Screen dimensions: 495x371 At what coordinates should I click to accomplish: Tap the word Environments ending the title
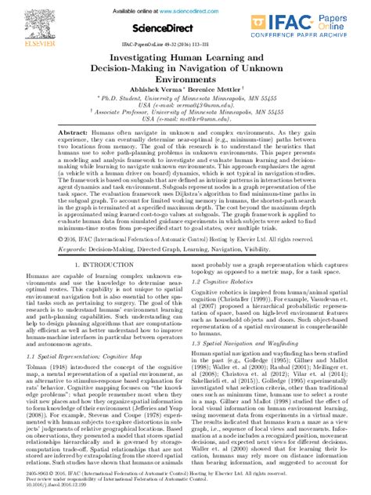(185, 81)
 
